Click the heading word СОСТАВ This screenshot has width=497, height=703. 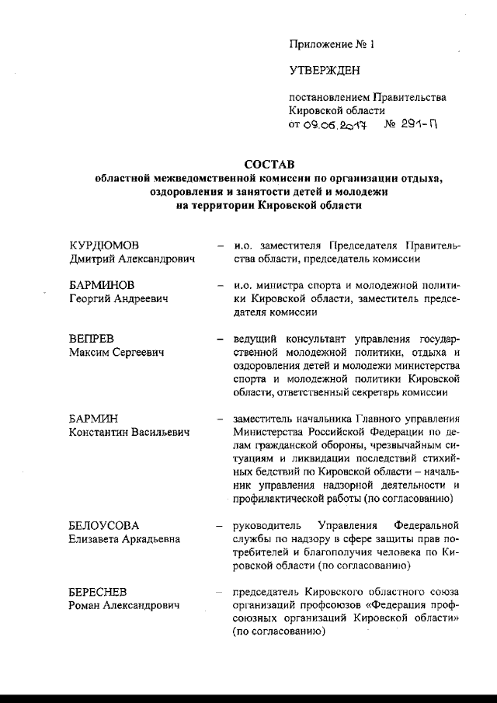click(x=271, y=164)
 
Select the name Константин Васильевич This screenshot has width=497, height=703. click(x=130, y=432)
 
